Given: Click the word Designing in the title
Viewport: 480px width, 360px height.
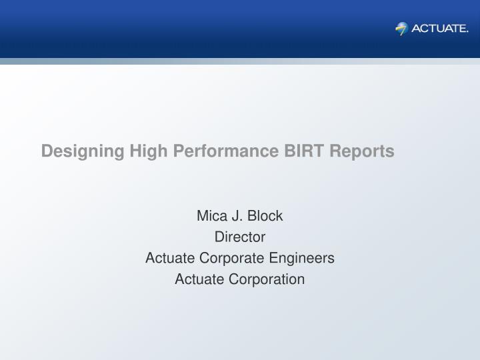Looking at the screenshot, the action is click(83, 151).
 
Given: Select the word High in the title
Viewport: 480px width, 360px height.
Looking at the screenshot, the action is click(149, 151).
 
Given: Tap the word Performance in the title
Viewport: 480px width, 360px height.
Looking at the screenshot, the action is click(226, 151).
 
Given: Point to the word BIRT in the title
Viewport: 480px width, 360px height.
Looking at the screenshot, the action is click(304, 151).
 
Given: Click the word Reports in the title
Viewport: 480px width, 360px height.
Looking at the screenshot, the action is click(362, 151).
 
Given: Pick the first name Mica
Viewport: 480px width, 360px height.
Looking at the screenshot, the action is click(212, 216).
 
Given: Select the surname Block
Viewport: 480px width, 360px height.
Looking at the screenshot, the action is click(265, 216).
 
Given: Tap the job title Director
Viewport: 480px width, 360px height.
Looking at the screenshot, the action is click(240, 237).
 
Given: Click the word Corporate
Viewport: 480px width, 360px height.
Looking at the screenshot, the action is click(232, 258).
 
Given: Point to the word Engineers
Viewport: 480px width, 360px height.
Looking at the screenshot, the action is click(302, 258).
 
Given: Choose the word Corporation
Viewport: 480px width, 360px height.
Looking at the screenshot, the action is click(267, 279).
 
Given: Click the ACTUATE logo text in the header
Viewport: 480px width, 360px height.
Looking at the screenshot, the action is click(440, 29).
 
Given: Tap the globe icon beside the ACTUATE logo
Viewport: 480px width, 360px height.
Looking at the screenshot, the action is click(401, 29).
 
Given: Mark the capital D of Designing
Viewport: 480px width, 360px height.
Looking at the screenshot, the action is click(47, 151).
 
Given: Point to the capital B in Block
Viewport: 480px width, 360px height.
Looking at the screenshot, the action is click(252, 216).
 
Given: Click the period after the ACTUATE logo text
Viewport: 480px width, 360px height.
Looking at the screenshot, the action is click(467, 32).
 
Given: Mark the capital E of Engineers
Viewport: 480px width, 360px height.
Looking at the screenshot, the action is click(274, 258).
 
